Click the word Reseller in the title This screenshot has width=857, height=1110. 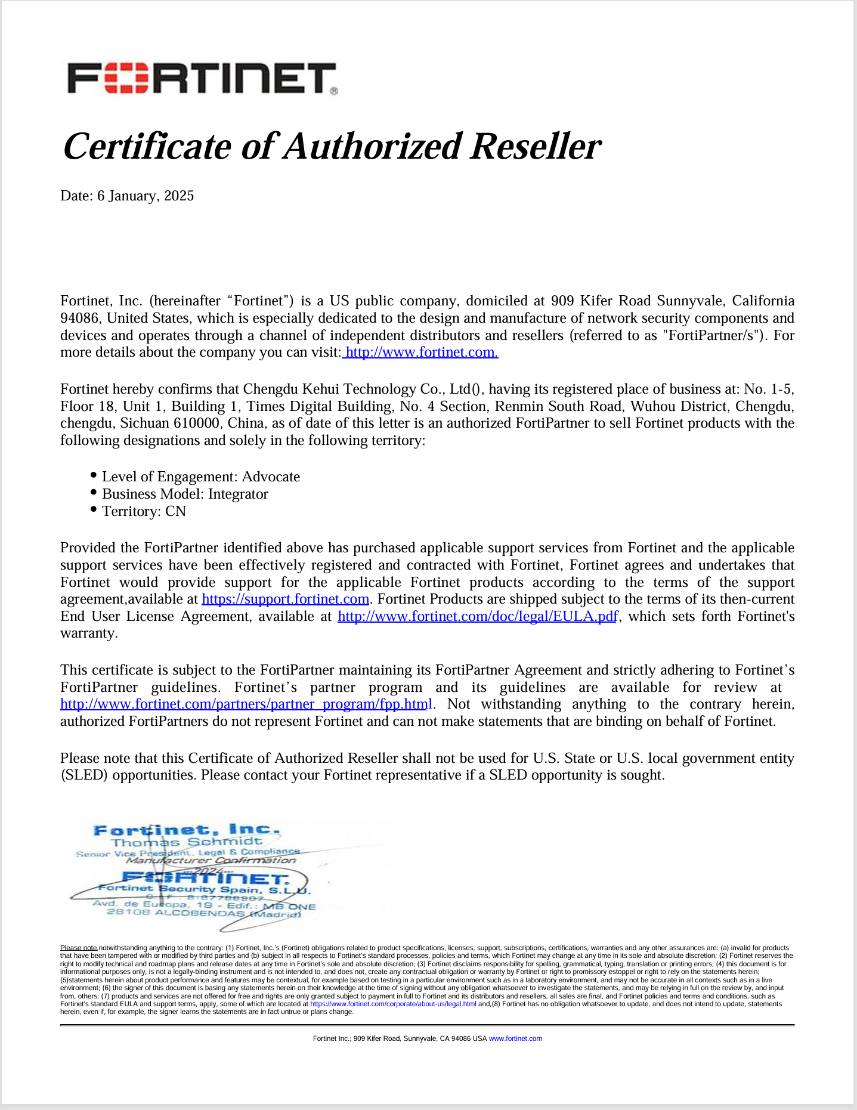(535, 147)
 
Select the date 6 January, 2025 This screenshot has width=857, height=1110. (146, 196)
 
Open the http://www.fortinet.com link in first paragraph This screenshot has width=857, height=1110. (421, 352)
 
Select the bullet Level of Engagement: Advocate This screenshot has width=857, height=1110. (200, 477)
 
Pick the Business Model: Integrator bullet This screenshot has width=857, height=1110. (185, 494)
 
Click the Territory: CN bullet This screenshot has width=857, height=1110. (144, 511)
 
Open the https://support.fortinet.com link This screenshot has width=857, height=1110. (285, 599)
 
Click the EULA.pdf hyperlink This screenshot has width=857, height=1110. (477, 616)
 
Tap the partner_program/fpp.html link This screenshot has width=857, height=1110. (246, 704)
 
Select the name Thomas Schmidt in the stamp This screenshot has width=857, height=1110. (187, 842)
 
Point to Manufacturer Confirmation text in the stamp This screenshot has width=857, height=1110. (211, 860)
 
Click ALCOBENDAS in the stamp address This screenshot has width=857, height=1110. (199, 913)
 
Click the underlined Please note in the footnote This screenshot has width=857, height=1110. (79, 948)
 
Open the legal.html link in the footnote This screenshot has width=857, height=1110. (393, 1004)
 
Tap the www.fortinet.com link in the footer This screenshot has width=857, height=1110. (515, 1038)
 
